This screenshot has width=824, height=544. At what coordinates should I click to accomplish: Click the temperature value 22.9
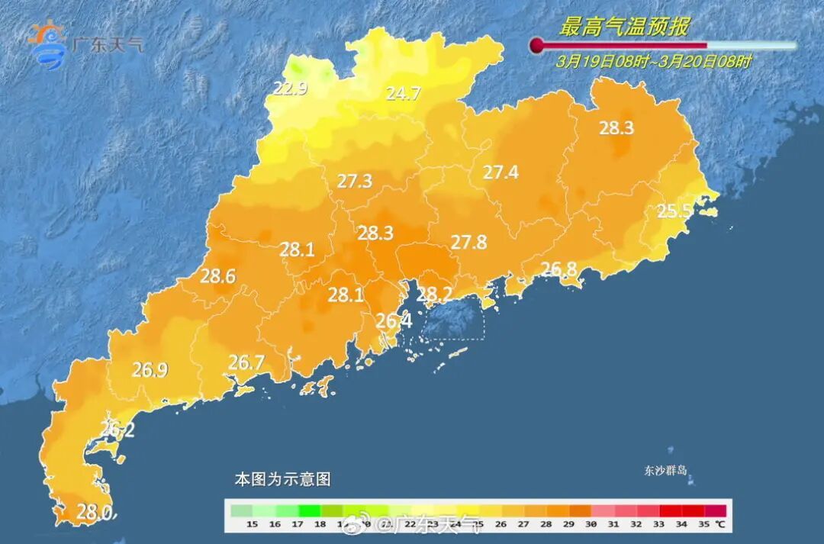tap(291, 89)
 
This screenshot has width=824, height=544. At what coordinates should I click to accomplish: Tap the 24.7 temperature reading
tap(403, 94)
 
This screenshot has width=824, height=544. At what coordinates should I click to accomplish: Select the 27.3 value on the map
tap(355, 181)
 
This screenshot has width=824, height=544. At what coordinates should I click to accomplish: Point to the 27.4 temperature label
tap(501, 172)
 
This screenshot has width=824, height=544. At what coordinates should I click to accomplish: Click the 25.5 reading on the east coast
tap(674, 211)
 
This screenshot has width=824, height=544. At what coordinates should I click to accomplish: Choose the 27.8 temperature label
tap(468, 242)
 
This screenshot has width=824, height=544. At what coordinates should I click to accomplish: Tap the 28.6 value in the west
tap(217, 276)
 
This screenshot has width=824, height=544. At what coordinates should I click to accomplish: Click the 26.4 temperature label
tap(394, 321)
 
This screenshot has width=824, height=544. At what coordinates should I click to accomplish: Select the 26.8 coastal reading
tap(558, 269)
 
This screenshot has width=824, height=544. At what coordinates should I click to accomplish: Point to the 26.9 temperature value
tap(150, 370)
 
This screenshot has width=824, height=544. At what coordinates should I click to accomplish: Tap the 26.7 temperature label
tap(246, 362)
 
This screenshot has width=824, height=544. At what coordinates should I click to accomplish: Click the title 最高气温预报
tap(623, 27)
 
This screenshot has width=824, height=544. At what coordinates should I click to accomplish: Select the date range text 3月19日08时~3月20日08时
tap(653, 62)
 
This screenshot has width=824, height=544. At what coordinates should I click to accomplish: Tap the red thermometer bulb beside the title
tap(537, 45)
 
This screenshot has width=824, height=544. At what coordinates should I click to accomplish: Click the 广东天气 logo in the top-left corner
tap(84, 43)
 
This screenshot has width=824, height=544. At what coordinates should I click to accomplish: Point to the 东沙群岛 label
tap(665, 471)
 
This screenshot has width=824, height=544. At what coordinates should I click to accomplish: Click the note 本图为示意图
tap(282, 479)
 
